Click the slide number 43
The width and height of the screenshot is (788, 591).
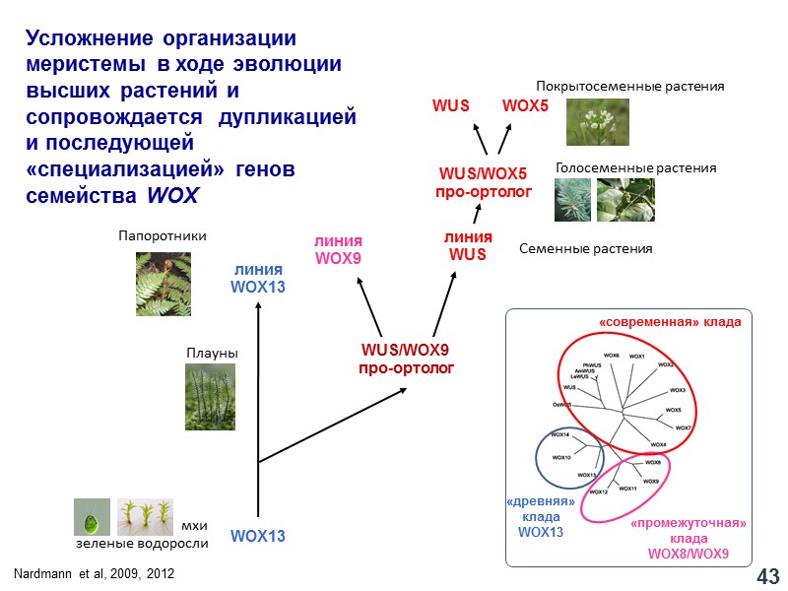(767, 574)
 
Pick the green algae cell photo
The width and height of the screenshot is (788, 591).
(92, 517)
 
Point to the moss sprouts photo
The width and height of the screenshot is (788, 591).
(145, 517)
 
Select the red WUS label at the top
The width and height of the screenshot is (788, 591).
(451, 105)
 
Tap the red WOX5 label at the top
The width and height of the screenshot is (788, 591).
(524, 105)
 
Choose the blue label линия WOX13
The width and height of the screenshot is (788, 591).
(257, 279)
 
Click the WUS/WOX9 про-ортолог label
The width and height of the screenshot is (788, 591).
(405, 359)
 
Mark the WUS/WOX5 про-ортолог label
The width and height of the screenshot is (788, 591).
(484, 182)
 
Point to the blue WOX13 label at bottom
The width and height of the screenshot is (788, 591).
(257, 537)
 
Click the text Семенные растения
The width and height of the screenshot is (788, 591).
(585, 249)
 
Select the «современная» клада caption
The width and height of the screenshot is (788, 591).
(669, 322)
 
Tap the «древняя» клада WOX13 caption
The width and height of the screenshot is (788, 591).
(540, 517)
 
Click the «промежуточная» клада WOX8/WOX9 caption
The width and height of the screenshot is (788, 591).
(688, 538)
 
